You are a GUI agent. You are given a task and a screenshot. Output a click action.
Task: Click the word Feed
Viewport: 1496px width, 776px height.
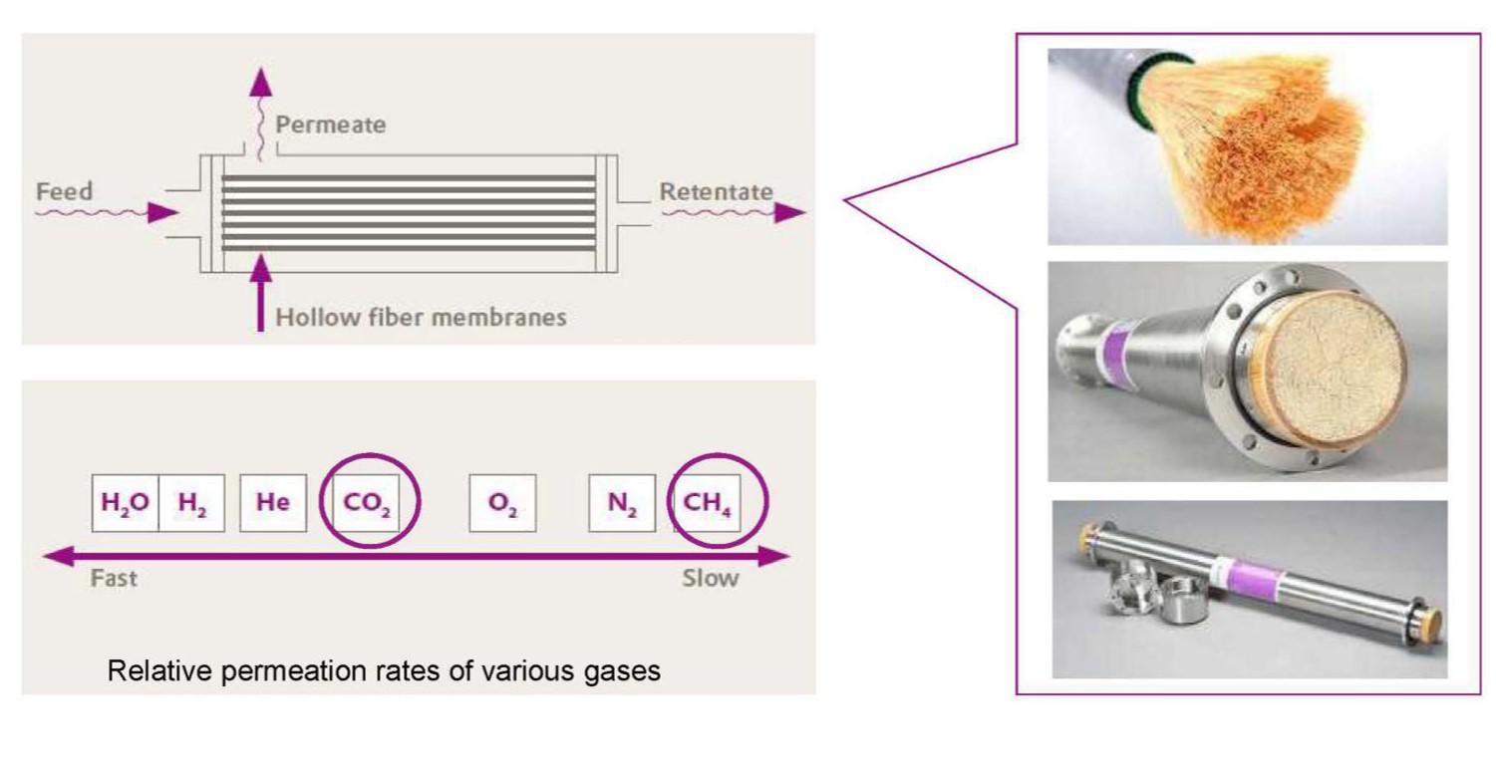tap(64, 191)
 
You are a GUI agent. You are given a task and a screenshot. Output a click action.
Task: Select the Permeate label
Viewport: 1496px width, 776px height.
tap(330, 126)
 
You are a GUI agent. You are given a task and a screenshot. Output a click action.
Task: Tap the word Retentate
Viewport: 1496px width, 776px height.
tap(716, 191)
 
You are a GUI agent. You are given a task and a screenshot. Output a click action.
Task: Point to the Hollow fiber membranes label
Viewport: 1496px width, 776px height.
tap(421, 318)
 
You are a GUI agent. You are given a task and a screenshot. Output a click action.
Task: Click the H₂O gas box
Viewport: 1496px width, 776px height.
tap(125, 503)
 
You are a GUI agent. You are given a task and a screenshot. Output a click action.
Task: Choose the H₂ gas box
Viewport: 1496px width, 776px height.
tap(191, 503)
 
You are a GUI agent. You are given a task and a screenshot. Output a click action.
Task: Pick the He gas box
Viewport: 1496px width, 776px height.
tap(273, 503)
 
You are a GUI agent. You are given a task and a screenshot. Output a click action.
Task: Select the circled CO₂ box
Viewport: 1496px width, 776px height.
tap(368, 503)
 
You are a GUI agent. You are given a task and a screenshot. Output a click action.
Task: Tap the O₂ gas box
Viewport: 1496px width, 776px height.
tap(502, 503)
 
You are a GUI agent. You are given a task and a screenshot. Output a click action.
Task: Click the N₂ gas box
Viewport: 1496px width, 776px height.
tap(622, 503)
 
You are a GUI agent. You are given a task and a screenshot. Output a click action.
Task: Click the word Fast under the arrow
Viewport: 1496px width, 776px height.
tap(114, 578)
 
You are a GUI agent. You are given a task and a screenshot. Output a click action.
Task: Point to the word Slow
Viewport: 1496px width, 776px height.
tap(711, 578)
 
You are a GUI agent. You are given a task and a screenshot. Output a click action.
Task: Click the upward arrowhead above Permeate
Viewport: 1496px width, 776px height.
tap(261, 84)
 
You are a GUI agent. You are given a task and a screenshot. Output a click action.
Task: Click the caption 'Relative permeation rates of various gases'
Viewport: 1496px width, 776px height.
tap(384, 670)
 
